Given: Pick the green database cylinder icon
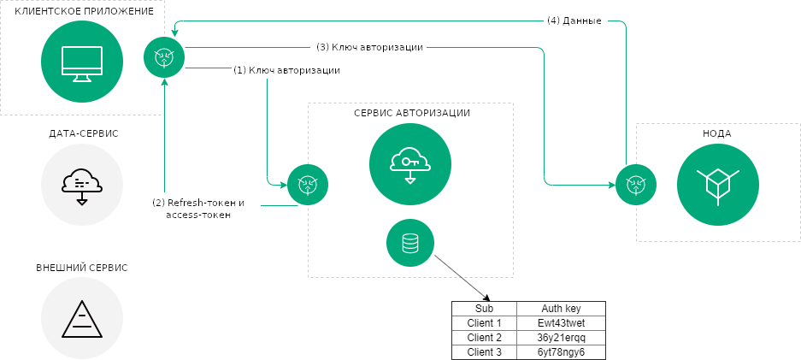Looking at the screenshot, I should click(x=410, y=242).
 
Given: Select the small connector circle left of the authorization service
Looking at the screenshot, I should click(x=308, y=185).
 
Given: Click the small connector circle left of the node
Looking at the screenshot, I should click(x=635, y=185).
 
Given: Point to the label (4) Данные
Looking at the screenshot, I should click(x=574, y=21).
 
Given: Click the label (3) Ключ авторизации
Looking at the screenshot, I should click(x=369, y=47).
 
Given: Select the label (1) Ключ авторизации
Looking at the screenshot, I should click(x=286, y=71).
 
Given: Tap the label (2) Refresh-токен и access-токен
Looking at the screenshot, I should click(x=198, y=210).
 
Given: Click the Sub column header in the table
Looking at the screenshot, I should click(x=484, y=309).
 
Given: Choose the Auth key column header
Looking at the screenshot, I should click(x=560, y=309).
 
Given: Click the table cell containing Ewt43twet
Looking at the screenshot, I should click(x=560, y=323).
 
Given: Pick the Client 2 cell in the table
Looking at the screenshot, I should click(x=484, y=338).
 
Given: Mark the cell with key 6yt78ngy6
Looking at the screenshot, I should click(x=560, y=351).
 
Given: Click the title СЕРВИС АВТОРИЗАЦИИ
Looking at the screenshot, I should click(x=411, y=113).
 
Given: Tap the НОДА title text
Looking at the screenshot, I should click(x=717, y=133).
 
